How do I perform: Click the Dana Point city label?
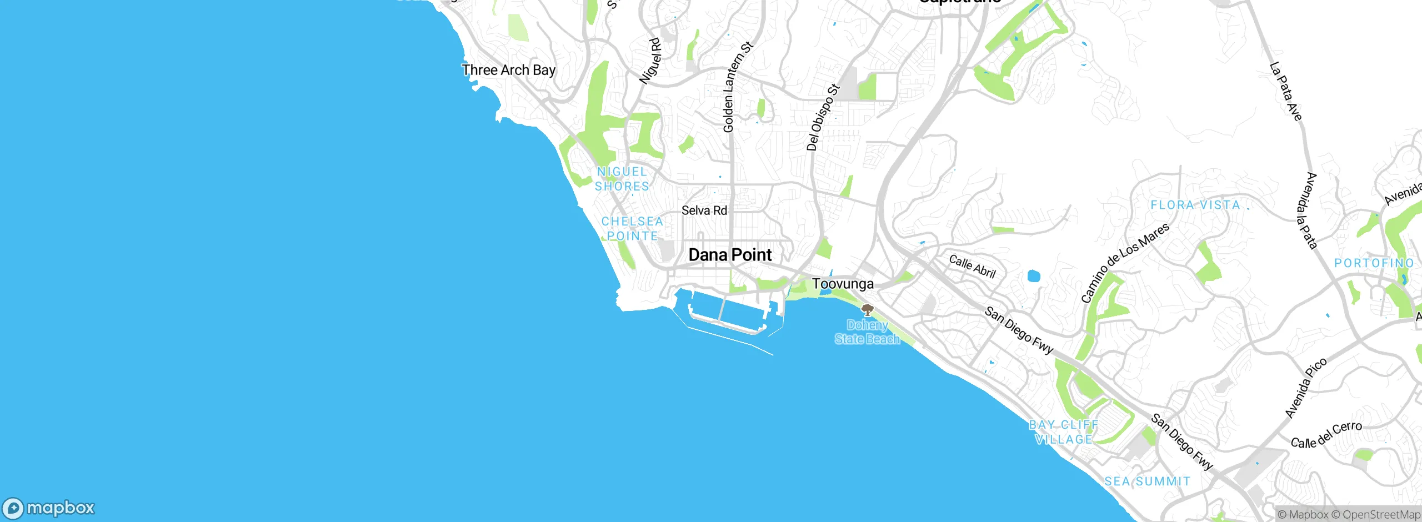[730, 255]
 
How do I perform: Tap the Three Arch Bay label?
[508, 70]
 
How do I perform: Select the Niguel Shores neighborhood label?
[622, 179]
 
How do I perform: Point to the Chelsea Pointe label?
[632, 229]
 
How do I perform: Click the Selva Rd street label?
[704, 210]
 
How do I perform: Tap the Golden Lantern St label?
[737, 87]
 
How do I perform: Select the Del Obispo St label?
[822, 117]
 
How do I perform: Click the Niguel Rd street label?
[650, 61]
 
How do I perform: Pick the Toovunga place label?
[843, 284]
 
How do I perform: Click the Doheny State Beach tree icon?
[867, 310]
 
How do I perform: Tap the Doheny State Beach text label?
[867, 332]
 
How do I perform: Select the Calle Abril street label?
[972, 266]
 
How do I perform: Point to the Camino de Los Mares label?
[1125, 263]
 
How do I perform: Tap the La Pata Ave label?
[1286, 92]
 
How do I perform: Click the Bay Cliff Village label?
[1064, 432]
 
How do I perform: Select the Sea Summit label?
[1147, 481]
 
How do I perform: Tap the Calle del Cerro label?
[1326, 435]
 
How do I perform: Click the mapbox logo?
[49, 508]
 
